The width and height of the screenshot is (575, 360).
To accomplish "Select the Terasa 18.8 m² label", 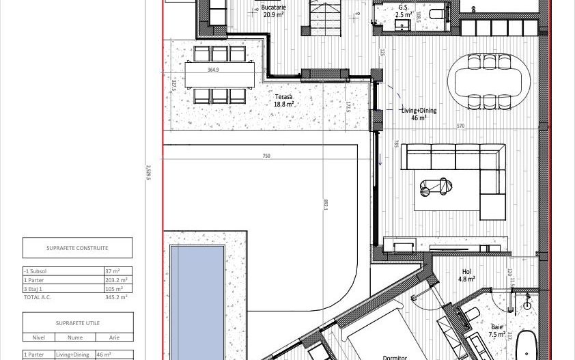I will coord(284,101).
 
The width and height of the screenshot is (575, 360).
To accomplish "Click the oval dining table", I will coord(489,81).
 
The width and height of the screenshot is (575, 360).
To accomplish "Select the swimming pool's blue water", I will coord(197,301).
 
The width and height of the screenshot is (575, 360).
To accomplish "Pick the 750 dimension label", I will coord(266,156).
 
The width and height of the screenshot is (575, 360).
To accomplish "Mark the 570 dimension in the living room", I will coord(460,126).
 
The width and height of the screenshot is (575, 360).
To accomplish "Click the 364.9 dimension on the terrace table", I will coord(213,70).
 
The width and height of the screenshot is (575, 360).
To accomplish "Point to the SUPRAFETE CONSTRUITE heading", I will coord(77,248).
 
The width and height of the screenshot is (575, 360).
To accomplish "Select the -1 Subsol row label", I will coord(36,271).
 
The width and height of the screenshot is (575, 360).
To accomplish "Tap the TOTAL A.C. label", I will coord(38,297).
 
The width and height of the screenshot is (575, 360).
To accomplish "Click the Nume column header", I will coord(75,337).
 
